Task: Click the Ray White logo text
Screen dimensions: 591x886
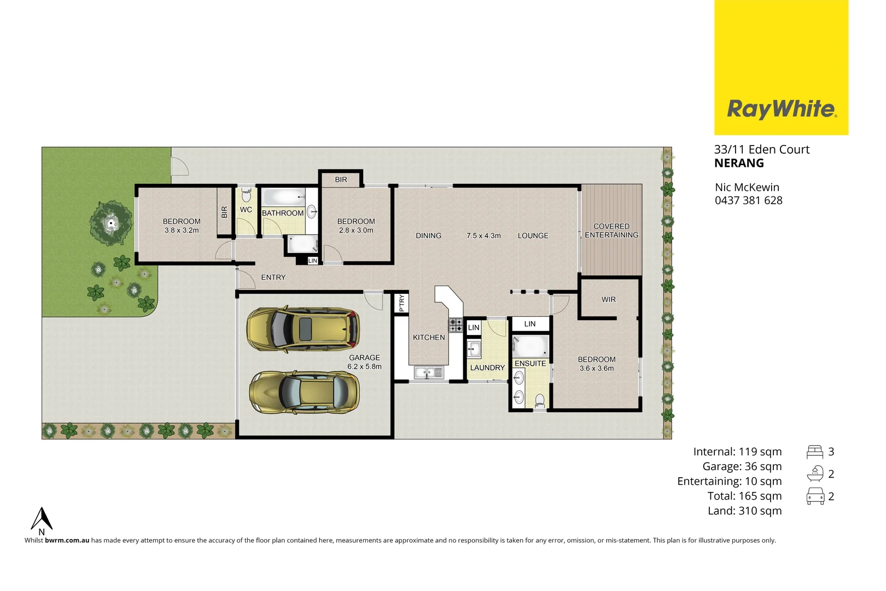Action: pyautogui.click(x=781, y=109)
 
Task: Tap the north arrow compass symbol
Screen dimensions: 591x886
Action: pyautogui.click(x=42, y=519)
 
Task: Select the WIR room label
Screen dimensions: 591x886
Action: pyautogui.click(x=608, y=300)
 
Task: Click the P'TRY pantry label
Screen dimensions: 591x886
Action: pyautogui.click(x=402, y=303)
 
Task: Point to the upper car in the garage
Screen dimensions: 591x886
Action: pyautogui.click(x=303, y=329)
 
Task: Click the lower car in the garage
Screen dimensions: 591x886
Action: pyautogui.click(x=304, y=392)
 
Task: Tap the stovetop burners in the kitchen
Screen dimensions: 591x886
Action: pyautogui.click(x=456, y=325)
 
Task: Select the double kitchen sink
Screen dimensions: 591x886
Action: pyautogui.click(x=429, y=373)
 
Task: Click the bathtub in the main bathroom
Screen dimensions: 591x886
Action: pyautogui.click(x=283, y=196)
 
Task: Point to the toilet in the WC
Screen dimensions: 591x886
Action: pyautogui.click(x=246, y=195)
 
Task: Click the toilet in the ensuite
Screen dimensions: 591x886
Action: pyautogui.click(x=540, y=401)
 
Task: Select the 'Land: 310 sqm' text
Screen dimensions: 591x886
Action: pyautogui.click(x=744, y=511)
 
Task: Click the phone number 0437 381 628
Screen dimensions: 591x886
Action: pyautogui.click(x=748, y=200)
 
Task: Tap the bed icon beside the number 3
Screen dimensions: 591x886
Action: pyautogui.click(x=814, y=452)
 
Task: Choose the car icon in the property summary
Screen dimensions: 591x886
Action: pyautogui.click(x=815, y=496)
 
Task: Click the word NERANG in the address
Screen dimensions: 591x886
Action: pyautogui.click(x=739, y=163)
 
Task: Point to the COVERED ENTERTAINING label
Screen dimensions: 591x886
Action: pyautogui.click(x=611, y=230)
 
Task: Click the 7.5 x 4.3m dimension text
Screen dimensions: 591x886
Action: pyautogui.click(x=483, y=236)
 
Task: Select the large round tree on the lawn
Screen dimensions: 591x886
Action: pyautogui.click(x=111, y=223)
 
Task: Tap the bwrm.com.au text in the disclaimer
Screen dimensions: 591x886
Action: pyautogui.click(x=67, y=540)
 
